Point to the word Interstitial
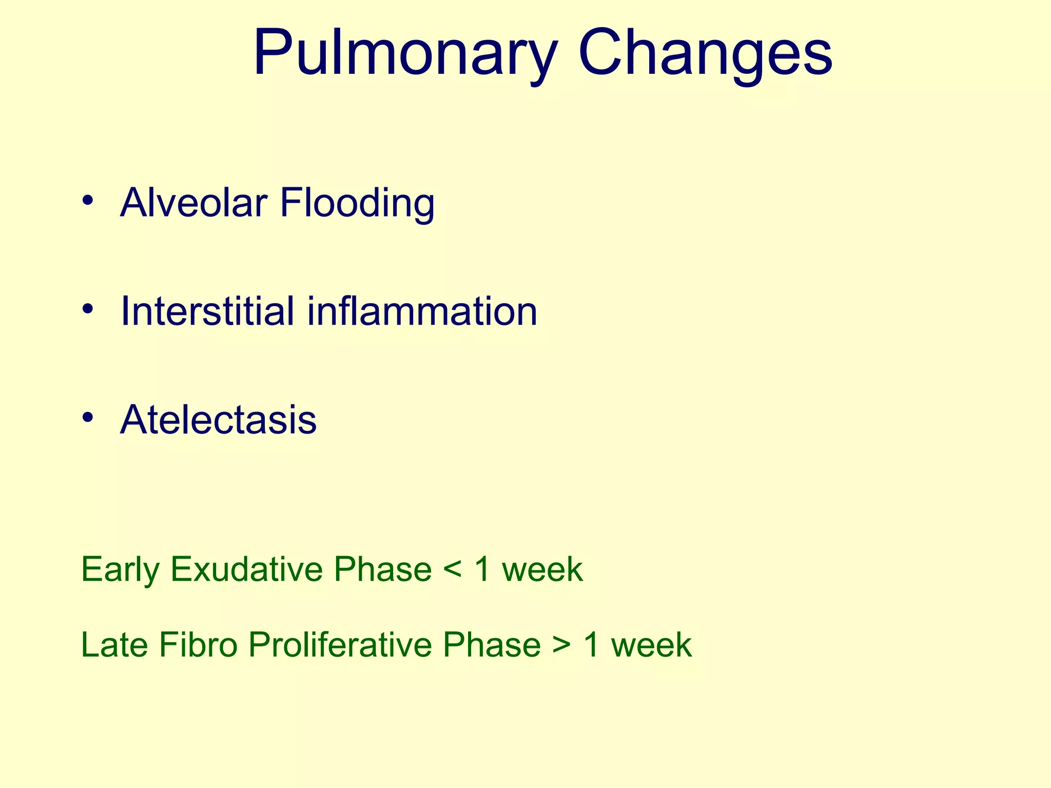207,311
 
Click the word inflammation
422,311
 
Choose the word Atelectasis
218,420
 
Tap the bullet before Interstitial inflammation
88,309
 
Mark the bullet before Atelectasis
88,417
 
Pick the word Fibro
198,645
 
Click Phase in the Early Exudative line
383,569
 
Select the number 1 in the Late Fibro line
592,645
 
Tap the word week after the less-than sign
542,569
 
